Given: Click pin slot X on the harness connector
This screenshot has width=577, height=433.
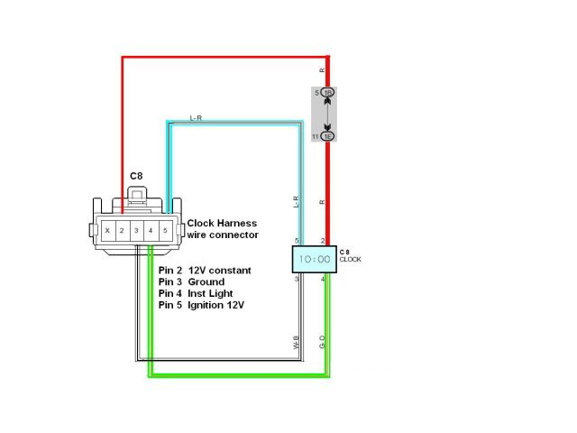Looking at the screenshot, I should click(108, 231).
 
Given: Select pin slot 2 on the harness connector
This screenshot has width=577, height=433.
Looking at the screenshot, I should click(122, 231).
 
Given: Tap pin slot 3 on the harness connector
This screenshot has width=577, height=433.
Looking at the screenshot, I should click(136, 231).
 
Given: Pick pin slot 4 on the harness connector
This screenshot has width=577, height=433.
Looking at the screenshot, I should click(151, 231).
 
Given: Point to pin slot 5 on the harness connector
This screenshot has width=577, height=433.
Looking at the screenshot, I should click(165, 231).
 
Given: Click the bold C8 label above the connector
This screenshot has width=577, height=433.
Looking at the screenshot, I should click(136, 175).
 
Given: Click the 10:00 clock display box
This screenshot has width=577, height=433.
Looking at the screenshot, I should click(314, 260).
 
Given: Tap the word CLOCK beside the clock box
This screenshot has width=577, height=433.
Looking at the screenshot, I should click(352, 259).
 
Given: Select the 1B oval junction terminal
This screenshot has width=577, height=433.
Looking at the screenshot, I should click(328, 93).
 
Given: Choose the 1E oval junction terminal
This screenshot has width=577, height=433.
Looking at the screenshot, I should click(328, 136).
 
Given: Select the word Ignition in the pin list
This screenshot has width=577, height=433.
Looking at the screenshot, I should click(210, 306).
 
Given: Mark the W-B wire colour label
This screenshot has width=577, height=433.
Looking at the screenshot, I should click(296, 343).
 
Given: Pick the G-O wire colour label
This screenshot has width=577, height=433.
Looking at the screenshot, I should click(322, 343).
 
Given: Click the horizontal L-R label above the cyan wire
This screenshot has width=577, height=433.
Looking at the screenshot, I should click(196, 118).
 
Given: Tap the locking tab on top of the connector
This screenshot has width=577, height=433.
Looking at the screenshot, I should click(137, 194).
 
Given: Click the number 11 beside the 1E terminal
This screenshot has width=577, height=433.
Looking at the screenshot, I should click(316, 136).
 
